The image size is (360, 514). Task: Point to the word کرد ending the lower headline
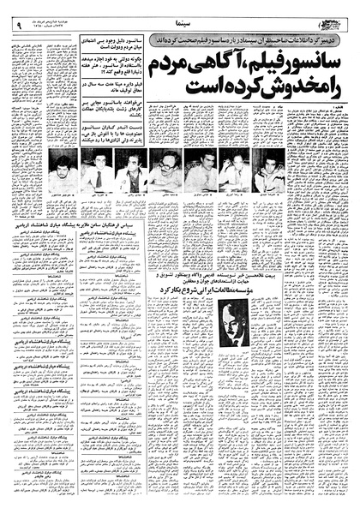184,286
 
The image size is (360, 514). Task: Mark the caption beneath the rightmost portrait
270,200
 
